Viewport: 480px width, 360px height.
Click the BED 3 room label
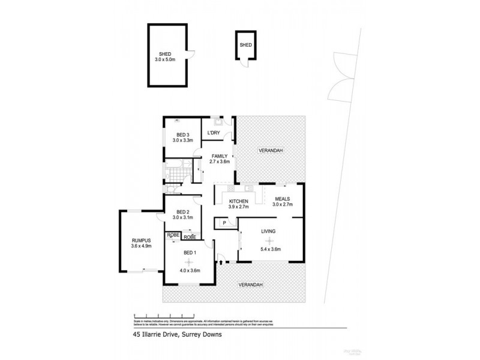(182, 134)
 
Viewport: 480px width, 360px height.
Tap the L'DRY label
(214, 133)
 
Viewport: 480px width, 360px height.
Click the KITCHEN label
(238, 201)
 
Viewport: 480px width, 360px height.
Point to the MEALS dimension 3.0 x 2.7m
(283, 205)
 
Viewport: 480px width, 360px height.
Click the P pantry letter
(224, 223)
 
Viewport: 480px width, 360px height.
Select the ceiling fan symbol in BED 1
(190, 262)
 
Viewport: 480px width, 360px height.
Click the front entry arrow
(221, 260)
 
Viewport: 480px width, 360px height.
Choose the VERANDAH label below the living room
(250, 284)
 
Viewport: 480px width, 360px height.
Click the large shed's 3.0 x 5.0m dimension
(165, 59)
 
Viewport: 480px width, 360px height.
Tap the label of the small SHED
(245, 45)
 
